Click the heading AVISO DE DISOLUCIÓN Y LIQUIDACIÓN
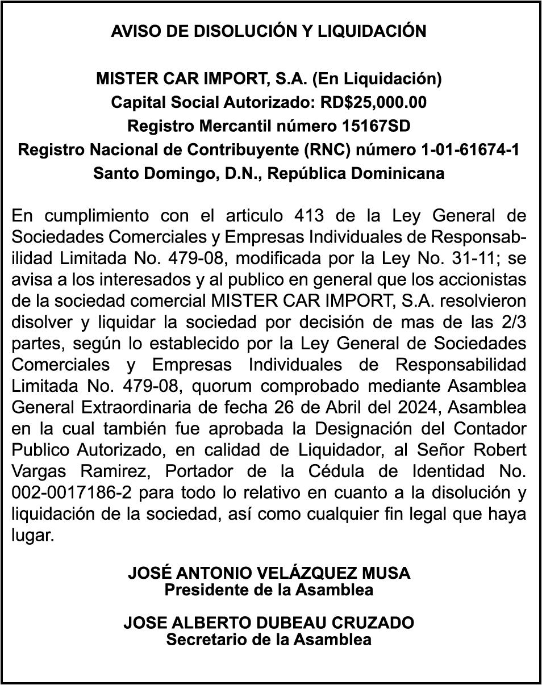(x=269, y=31)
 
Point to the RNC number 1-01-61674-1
(x=470, y=149)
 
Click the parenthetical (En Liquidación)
(x=377, y=78)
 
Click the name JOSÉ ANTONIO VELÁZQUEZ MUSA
(x=269, y=573)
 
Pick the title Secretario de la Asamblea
(x=269, y=640)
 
